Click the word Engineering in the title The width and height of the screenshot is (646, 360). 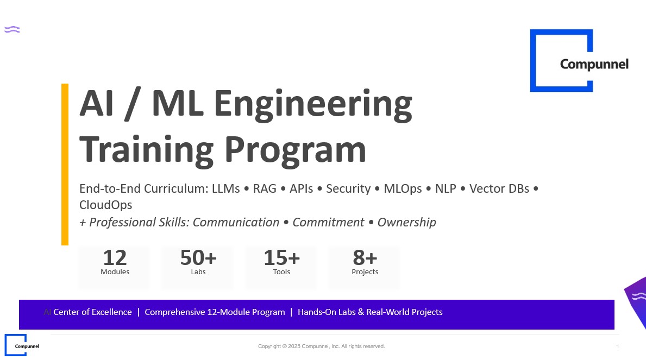pyautogui.click(x=313, y=105)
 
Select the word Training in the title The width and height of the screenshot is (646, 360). pyautogui.click(x=146, y=151)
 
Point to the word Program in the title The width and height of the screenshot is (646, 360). pyautogui.click(x=295, y=151)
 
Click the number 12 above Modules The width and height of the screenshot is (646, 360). pyautogui.click(x=115, y=258)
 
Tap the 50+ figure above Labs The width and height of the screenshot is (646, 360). pyautogui.click(x=198, y=258)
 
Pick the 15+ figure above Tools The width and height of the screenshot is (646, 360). pyautogui.click(x=282, y=258)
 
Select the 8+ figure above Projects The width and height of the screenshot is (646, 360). pyautogui.click(x=365, y=258)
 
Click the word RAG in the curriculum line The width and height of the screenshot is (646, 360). pyautogui.click(x=265, y=188)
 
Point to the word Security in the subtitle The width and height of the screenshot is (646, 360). pyautogui.click(x=348, y=188)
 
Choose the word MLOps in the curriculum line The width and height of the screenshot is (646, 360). pyautogui.click(x=403, y=188)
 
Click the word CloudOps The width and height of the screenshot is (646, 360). pyautogui.click(x=106, y=205)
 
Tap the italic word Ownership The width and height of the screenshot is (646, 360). pyautogui.click(x=406, y=223)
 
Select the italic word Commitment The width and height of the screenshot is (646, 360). pyautogui.click(x=328, y=223)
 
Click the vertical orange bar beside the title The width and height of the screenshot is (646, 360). pyautogui.click(x=65, y=165)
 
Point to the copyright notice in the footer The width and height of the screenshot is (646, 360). pyautogui.click(x=321, y=346)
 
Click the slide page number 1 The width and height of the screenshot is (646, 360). pyautogui.click(x=618, y=346)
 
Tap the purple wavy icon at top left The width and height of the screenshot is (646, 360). pyautogui.click(x=12, y=29)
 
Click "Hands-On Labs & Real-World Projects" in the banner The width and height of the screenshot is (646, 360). pyautogui.click(x=370, y=312)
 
